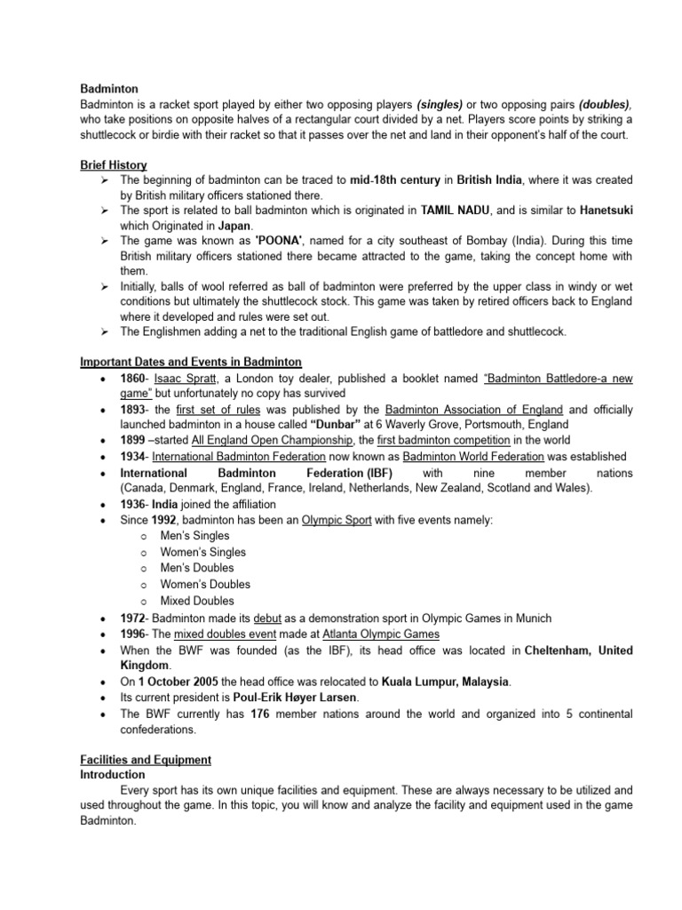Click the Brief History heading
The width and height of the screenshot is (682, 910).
pos(114,165)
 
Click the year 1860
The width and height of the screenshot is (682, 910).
pos(134,379)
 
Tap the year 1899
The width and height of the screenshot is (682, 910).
pos(134,441)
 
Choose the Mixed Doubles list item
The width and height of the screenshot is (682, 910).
pos(197,601)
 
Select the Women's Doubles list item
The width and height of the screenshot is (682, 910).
pos(205,585)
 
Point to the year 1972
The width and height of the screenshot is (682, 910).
pos(134,619)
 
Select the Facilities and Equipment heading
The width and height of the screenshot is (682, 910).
pos(146,760)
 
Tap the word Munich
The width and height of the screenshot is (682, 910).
pos(531,619)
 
